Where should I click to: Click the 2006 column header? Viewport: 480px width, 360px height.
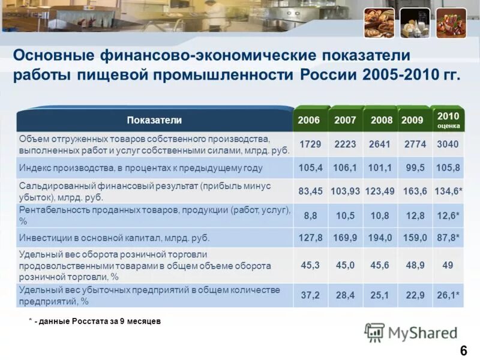click(x=309, y=120)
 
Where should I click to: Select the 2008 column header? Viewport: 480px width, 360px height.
click(x=382, y=120)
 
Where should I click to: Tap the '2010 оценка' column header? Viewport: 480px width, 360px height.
click(x=448, y=119)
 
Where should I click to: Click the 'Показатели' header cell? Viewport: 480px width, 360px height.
click(x=154, y=120)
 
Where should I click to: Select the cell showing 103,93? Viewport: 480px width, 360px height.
click(x=345, y=191)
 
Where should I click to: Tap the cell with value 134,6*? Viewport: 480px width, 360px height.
click(x=448, y=191)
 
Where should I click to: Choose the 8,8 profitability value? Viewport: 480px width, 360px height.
click(x=310, y=215)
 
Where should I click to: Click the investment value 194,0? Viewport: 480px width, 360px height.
click(x=380, y=238)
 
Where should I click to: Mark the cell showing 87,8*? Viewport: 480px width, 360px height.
click(x=448, y=238)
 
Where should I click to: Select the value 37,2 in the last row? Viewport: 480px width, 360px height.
click(x=310, y=295)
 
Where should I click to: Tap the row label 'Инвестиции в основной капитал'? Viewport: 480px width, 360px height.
click(x=114, y=238)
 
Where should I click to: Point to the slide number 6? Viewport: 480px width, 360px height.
click(x=463, y=351)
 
